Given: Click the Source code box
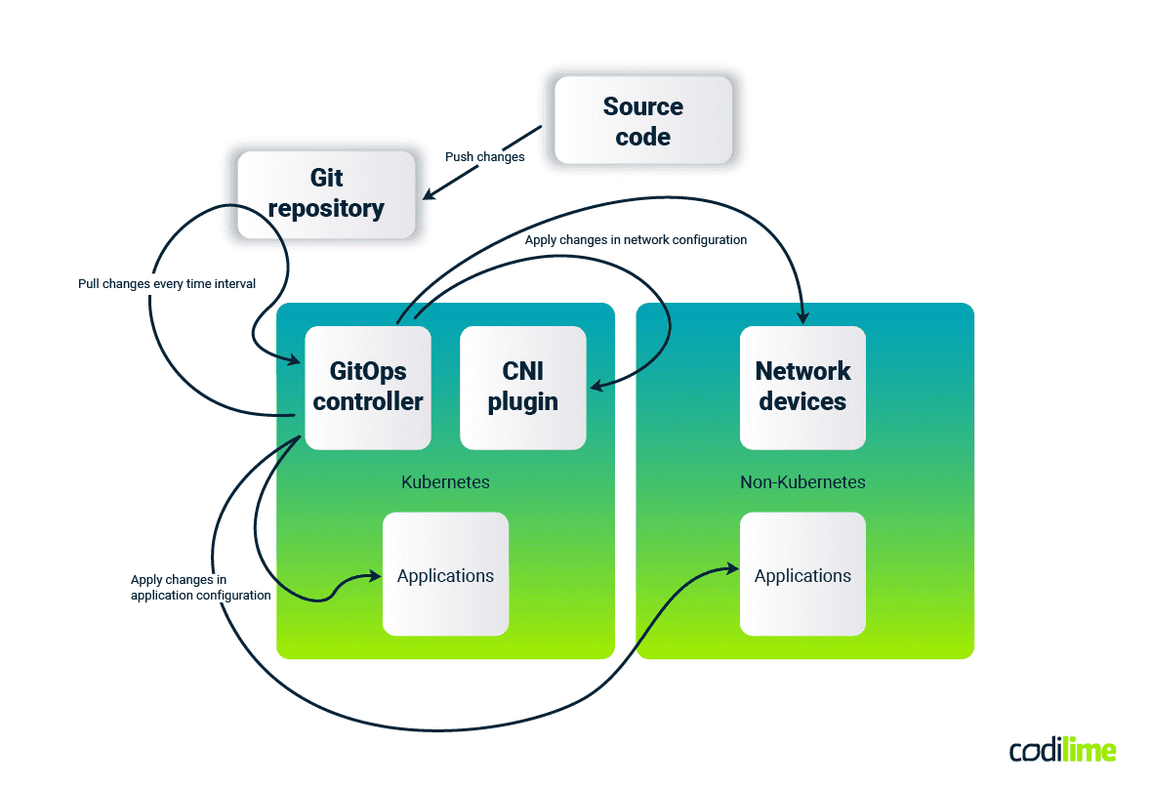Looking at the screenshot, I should pyautogui.click(x=642, y=120).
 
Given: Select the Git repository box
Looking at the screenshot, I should pyautogui.click(x=326, y=193).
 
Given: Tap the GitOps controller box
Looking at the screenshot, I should pyautogui.click(x=368, y=387).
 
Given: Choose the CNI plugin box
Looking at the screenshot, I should pyautogui.click(x=522, y=387).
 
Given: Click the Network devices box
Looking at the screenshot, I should pyautogui.click(x=802, y=387).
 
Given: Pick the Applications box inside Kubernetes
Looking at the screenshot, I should pyautogui.click(x=445, y=575).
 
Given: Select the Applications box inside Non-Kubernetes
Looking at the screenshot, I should pyautogui.click(x=802, y=575).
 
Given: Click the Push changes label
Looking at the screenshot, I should pyautogui.click(x=484, y=156).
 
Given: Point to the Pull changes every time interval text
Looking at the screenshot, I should pyautogui.click(x=167, y=284).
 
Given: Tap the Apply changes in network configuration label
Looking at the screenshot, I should pyautogui.click(x=636, y=239).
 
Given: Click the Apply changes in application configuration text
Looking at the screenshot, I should pyautogui.click(x=200, y=587).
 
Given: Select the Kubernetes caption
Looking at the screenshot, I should pyautogui.click(x=445, y=482).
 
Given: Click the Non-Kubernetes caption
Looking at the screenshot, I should pyautogui.click(x=802, y=482).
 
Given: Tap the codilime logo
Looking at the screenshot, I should pyautogui.click(x=1062, y=750).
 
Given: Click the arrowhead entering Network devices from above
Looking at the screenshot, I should pyautogui.click(x=803, y=317).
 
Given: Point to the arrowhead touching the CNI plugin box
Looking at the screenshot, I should pyautogui.click(x=595, y=388).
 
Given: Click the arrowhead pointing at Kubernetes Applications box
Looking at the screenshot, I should pyautogui.click(x=374, y=576).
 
